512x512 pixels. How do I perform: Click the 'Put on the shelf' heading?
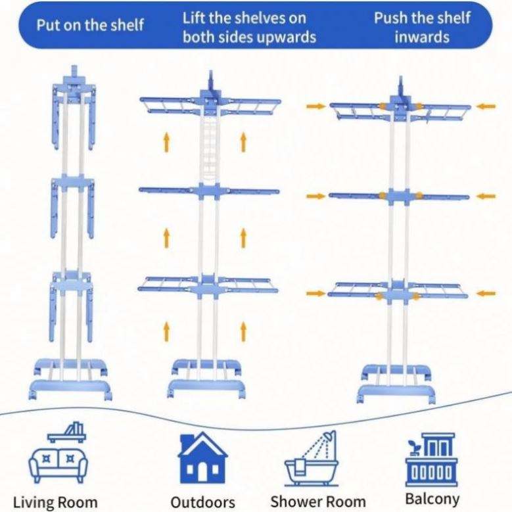click(x=89, y=26)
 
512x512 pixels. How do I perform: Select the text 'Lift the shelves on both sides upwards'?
click(x=249, y=27)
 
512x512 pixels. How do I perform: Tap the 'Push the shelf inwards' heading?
click(x=422, y=27)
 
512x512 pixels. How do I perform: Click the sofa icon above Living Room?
click(x=57, y=457)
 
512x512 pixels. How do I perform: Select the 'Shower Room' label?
click(x=318, y=501)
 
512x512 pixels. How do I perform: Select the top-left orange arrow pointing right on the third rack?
click(x=316, y=106)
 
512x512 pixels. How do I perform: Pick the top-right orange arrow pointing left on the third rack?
click(x=486, y=105)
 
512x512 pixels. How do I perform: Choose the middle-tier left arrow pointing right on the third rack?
click(x=316, y=196)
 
